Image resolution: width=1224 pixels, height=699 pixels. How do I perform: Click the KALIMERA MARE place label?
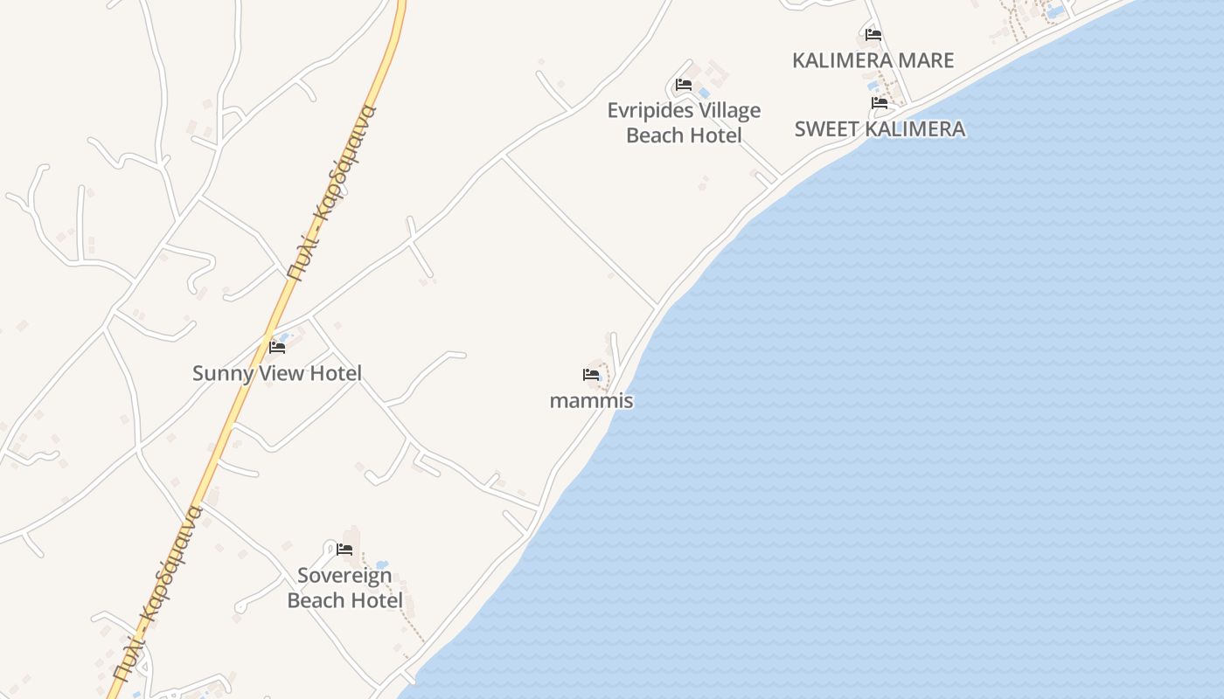[x=873, y=60]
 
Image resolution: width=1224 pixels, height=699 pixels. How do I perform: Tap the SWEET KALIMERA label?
[x=880, y=129]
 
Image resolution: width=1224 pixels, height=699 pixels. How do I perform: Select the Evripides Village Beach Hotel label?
[x=684, y=122]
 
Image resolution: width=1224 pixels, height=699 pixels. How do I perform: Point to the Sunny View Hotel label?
[x=276, y=373]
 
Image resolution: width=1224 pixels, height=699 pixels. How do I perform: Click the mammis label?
[x=591, y=401]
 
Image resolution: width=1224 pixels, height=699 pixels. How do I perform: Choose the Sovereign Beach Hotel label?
[x=344, y=588]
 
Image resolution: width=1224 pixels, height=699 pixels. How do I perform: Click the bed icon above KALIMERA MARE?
[x=873, y=35]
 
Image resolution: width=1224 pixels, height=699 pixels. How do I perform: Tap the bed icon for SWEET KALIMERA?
[x=880, y=103]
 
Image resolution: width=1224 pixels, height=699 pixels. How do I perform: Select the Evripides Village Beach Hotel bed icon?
[x=684, y=85]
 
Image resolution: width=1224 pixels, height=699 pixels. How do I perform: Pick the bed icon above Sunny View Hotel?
[x=277, y=347]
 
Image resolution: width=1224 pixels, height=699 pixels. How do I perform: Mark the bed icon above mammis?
[x=591, y=375]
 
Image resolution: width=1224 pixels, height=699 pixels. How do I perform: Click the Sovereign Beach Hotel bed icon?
[x=344, y=550]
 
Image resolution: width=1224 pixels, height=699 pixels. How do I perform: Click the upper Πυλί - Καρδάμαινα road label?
[x=331, y=190]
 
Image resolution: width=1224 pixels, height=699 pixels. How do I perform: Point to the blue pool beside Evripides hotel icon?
[x=703, y=92]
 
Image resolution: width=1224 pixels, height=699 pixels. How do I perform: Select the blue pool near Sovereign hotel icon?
[x=380, y=565]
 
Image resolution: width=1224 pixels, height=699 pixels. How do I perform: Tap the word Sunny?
[x=220, y=373]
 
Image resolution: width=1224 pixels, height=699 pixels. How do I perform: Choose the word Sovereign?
[x=344, y=576]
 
